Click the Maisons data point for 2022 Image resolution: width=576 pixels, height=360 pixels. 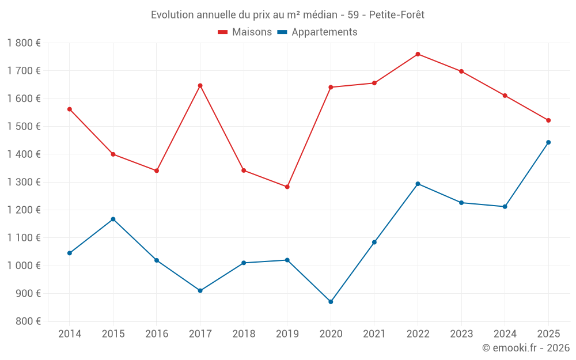(x=418, y=54)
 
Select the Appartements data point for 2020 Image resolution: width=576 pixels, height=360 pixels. (x=331, y=302)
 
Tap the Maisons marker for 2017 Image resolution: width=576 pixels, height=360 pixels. (x=200, y=86)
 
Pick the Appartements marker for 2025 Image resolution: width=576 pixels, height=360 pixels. (x=548, y=142)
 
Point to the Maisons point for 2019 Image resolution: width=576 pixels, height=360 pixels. (x=287, y=187)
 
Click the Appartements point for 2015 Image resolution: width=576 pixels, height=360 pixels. (x=113, y=219)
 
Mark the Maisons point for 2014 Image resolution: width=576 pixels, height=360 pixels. (x=70, y=109)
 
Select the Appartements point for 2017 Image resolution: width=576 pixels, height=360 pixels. (x=200, y=291)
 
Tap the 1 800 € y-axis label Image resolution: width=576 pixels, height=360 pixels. (x=24, y=43)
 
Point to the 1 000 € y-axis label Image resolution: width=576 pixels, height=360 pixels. (x=24, y=266)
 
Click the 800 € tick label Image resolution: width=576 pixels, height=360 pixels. (x=28, y=321)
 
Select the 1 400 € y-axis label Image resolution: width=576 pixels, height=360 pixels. (x=24, y=154)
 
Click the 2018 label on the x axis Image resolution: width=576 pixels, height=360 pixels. (x=244, y=334)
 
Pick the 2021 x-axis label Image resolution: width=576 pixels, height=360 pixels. (x=374, y=334)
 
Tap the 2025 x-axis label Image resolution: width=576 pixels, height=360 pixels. (x=548, y=334)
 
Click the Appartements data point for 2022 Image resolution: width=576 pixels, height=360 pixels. (x=418, y=184)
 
